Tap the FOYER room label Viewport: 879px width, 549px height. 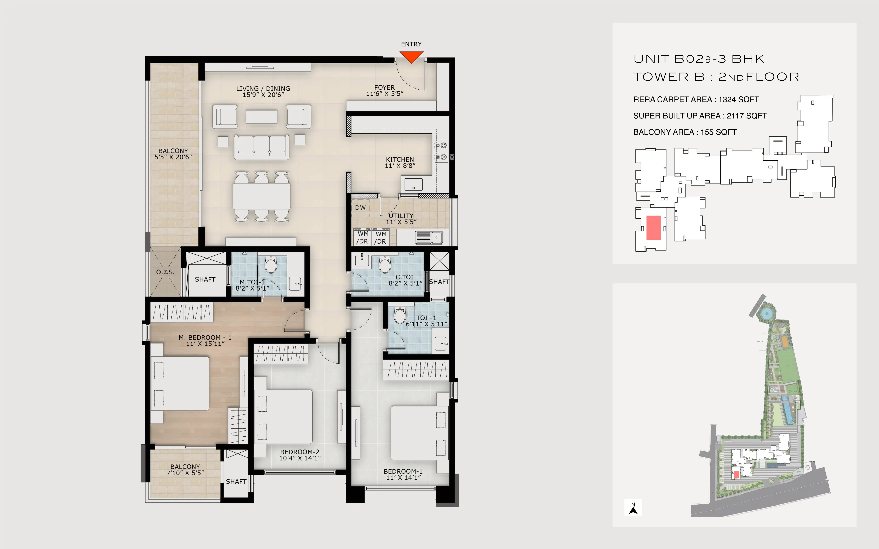tap(385, 87)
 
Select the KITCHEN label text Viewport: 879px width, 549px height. tap(400, 159)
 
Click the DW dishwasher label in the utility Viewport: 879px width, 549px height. tap(360, 208)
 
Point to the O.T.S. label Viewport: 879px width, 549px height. tap(165, 272)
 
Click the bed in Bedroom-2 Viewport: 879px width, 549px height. tap(283, 417)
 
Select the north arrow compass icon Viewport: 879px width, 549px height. tap(633, 508)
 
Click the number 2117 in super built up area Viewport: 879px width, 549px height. tap(735, 116)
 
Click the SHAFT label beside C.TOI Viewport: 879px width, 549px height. tap(439, 282)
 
